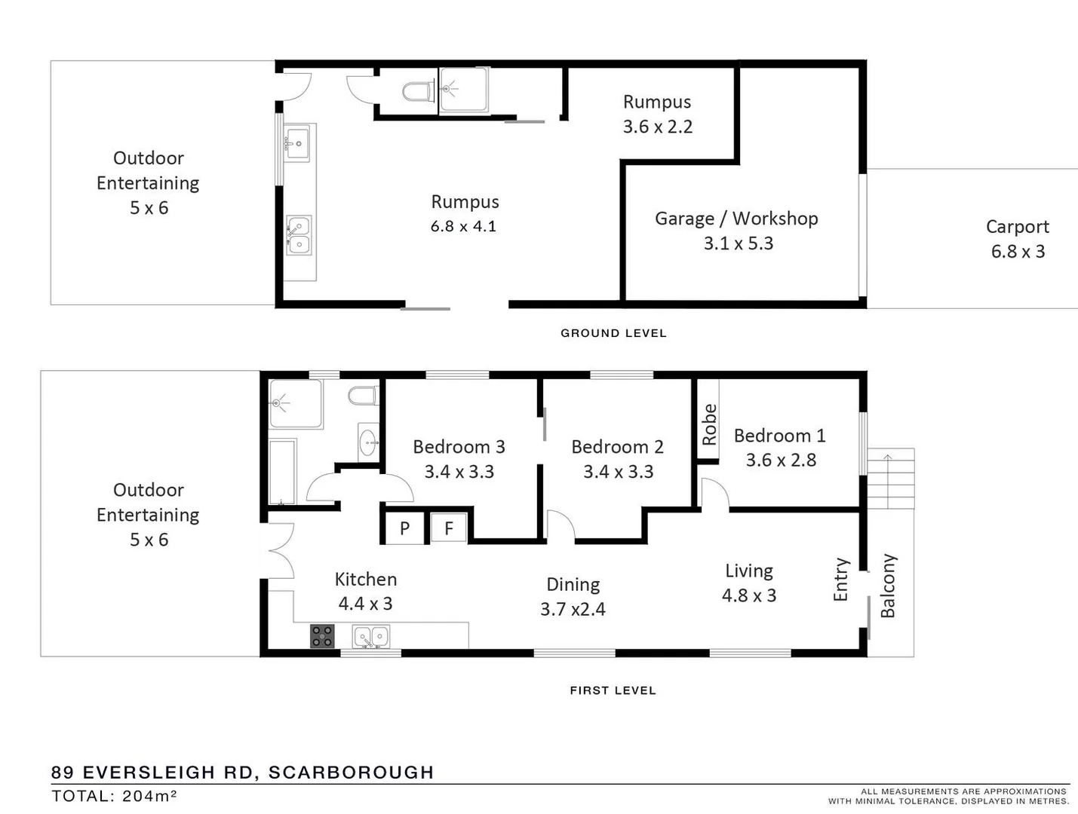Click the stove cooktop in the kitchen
[322, 637]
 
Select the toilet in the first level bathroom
[364, 396]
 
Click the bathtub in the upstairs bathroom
[283, 472]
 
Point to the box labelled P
[404, 528]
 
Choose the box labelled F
[449, 528]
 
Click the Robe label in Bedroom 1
[709, 424]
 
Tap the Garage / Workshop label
[736, 219]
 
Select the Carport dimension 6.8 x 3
[1018, 252]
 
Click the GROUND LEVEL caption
[613, 333]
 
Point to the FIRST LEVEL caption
[613, 690]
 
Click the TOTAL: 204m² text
[114, 796]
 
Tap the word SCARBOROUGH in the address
[352, 773]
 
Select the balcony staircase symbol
[890, 478]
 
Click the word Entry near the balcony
[841, 580]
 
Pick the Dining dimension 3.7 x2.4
[573, 609]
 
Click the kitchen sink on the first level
[371, 638]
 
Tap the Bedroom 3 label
[459, 447]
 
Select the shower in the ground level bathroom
[463, 90]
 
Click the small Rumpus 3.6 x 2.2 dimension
[657, 127]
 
